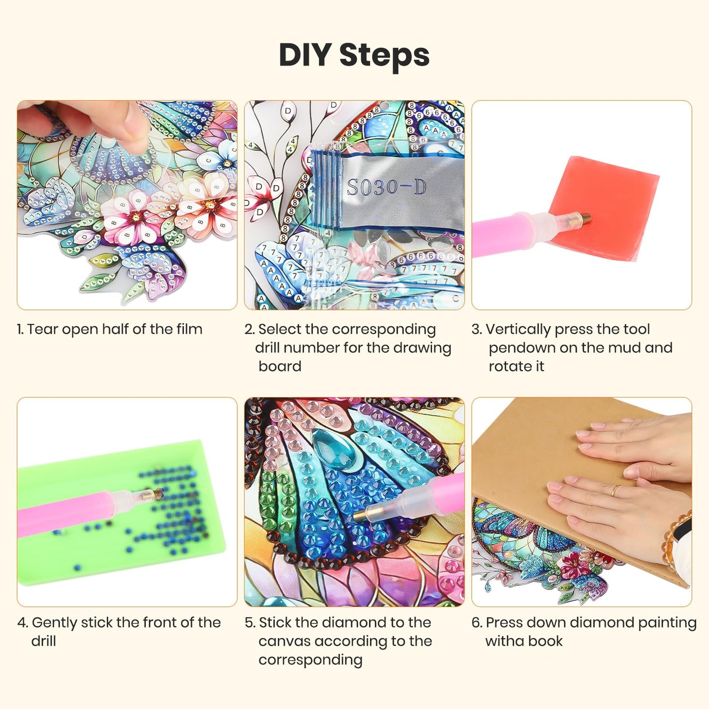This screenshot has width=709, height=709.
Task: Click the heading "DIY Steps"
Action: coord(354,56)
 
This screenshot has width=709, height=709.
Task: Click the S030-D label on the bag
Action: coord(386,188)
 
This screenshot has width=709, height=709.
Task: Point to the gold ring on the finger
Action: coord(615,490)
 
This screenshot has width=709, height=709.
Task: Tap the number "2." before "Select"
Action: coord(250,329)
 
